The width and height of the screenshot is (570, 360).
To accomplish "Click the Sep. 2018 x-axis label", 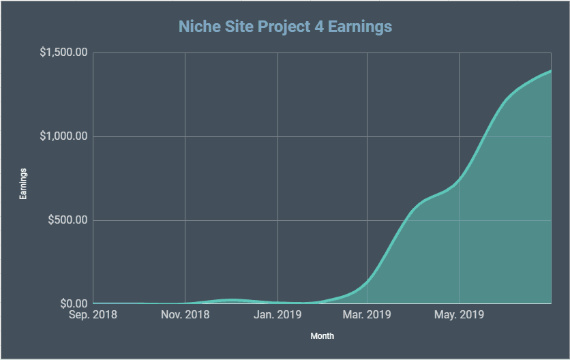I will (x=93, y=315).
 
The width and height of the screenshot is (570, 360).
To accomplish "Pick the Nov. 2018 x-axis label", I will (x=185, y=315).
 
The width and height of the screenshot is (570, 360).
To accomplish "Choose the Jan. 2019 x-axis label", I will (x=277, y=315).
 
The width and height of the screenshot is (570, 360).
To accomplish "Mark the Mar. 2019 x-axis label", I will (x=367, y=315).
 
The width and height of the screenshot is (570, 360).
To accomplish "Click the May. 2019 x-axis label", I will (x=459, y=315).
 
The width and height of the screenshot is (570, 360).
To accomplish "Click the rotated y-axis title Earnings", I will (x=22, y=183).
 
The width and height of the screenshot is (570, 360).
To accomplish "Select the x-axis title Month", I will (x=322, y=336).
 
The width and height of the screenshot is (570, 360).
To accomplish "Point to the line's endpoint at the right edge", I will (x=550, y=71).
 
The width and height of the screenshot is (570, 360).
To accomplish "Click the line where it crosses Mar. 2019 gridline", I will (x=367, y=280).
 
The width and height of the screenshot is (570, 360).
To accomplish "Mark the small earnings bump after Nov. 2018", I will (x=232, y=300).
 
